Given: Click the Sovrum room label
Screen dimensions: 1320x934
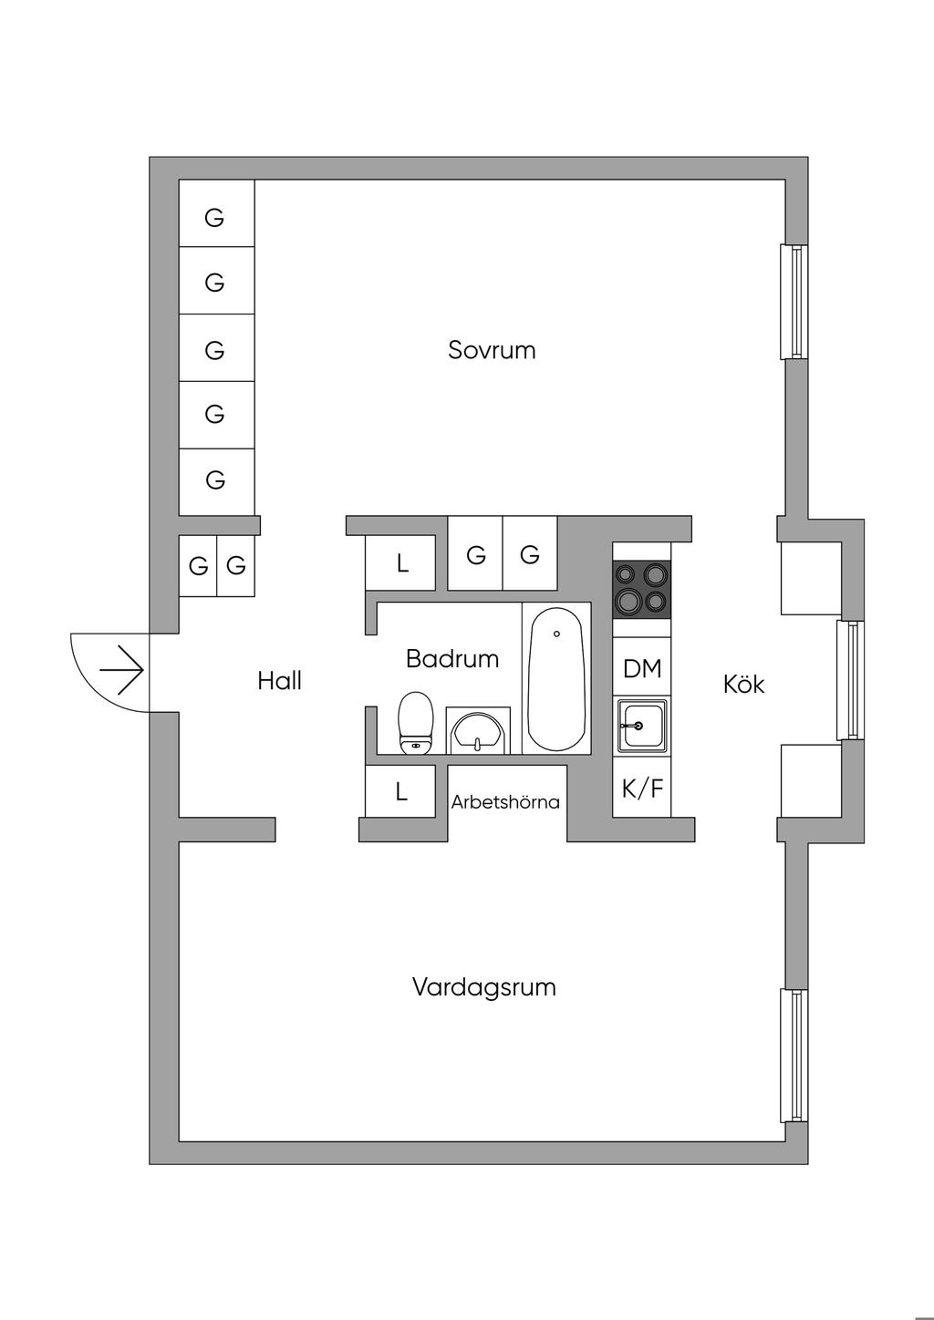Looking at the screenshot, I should pyautogui.click(x=492, y=350).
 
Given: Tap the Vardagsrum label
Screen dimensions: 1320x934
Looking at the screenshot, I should pyautogui.click(x=483, y=987).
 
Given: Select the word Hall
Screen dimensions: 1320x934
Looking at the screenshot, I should pyautogui.click(x=279, y=681).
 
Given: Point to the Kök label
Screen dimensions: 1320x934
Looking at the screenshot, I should pyautogui.click(x=743, y=684).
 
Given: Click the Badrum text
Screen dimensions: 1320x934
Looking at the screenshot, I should pyautogui.click(x=452, y=658).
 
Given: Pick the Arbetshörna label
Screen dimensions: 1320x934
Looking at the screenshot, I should pyautogui.click(x=505, y=802).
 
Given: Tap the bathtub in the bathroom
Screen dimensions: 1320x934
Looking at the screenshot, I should pyautogui.click(x=556, y=679).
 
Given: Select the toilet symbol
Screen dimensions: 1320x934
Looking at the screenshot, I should pyautogui.click(x=416, y=723).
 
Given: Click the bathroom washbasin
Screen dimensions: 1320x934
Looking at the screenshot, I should pyautogui.click(x=478, y=732).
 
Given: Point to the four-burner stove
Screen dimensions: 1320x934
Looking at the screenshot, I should pyautogui.click(x=641, y=589).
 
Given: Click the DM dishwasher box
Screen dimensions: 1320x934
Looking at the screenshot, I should pyautogui.click(x=641, y=668).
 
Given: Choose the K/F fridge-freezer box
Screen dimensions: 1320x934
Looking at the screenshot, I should pyautogui.click(x=641, y=788).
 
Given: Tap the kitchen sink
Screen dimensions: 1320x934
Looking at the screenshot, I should pyautogui.click(x=641, y=726).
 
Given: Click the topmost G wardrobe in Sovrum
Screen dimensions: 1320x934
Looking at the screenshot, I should pyautogui.click(x=215, y=217).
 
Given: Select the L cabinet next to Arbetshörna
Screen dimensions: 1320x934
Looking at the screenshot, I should pyautogui.click(x=401, y=792).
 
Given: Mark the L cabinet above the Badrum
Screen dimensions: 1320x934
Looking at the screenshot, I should pyautogui.click(x=401, y=563).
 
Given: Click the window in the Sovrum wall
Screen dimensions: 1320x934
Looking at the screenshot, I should pyautogui.click(x=794, y=302).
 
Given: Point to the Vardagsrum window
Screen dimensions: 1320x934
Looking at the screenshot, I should pyautogui.click(x=794, y=1056).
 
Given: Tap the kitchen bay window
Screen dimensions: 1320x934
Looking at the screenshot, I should pyautogui.click(x=850, y=680).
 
